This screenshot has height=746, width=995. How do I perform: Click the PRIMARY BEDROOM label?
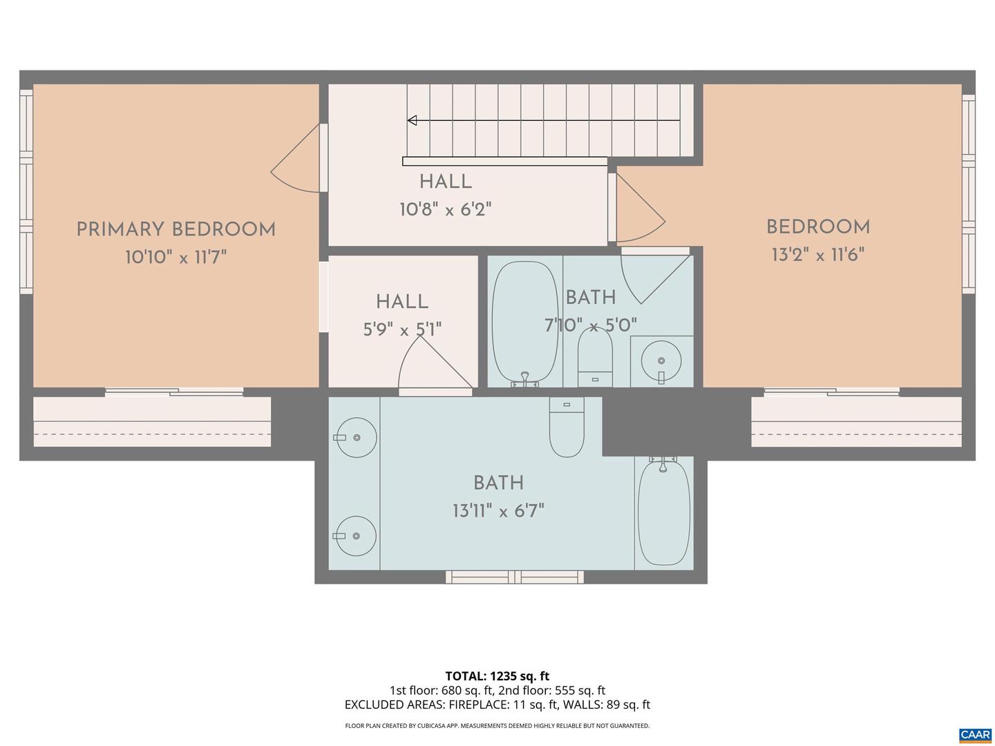click(x=176, y=229)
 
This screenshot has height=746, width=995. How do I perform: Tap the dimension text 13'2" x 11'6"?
click(x=817, y=255)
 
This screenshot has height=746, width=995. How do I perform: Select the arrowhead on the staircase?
click(x=413, y=121)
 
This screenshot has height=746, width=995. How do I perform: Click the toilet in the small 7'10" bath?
click(x=595, y=356)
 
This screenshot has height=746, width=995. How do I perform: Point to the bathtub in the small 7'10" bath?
click(x=524, y=322)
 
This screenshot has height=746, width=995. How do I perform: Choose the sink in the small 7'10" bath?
click(x=661, y=361)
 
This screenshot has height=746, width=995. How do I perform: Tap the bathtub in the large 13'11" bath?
click(x=663, y=513)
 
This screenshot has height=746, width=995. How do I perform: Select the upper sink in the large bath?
click(x=354, y=437)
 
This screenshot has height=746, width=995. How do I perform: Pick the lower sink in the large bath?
click(x=354, y=536)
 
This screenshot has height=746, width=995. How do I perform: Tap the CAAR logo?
click(x=974, y=734)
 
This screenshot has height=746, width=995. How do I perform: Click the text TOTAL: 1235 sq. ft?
click(x=497, y=676)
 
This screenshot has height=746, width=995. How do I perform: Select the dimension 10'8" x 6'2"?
click(x=445, y=209)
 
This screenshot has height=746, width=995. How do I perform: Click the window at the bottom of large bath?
click(x=515, y=577)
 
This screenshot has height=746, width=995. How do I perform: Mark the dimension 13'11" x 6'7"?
click(x=498, y=511)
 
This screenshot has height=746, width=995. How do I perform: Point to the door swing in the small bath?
click(x=652, y=276)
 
